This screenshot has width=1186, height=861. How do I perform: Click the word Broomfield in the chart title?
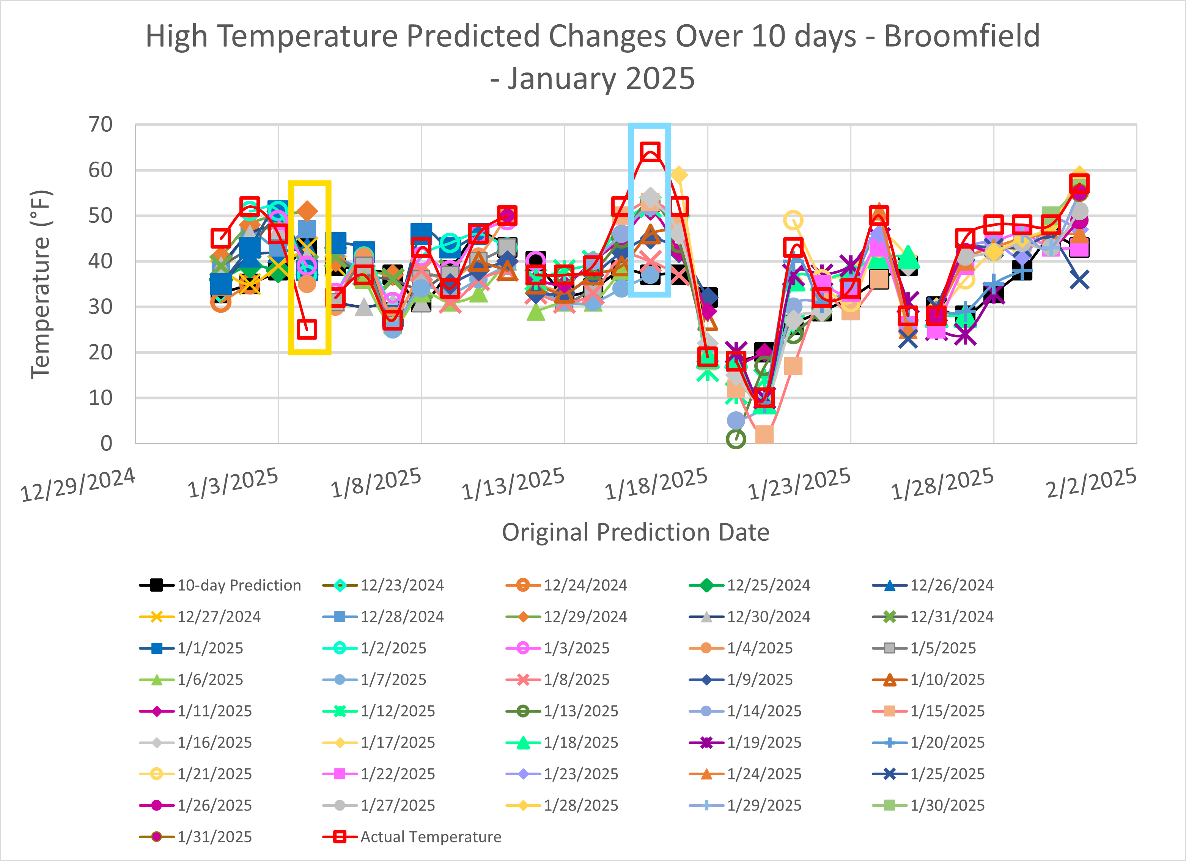(x=962, y=36)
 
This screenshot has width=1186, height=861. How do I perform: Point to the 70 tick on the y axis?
(x=101, y=124)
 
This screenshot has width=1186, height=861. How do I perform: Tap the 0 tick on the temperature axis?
(x=106, y=443)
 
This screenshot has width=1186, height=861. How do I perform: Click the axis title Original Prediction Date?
(x=635, y=532)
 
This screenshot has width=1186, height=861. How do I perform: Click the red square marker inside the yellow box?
(x=307, y=329)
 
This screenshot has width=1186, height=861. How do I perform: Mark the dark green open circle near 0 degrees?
(x=736, y=438)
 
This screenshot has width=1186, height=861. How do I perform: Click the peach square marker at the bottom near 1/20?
(x=764, y=434)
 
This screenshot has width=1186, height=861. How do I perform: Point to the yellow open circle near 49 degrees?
(x=793, y=220)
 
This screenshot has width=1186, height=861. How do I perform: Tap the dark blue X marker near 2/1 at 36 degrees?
(x=1079, y=280)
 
